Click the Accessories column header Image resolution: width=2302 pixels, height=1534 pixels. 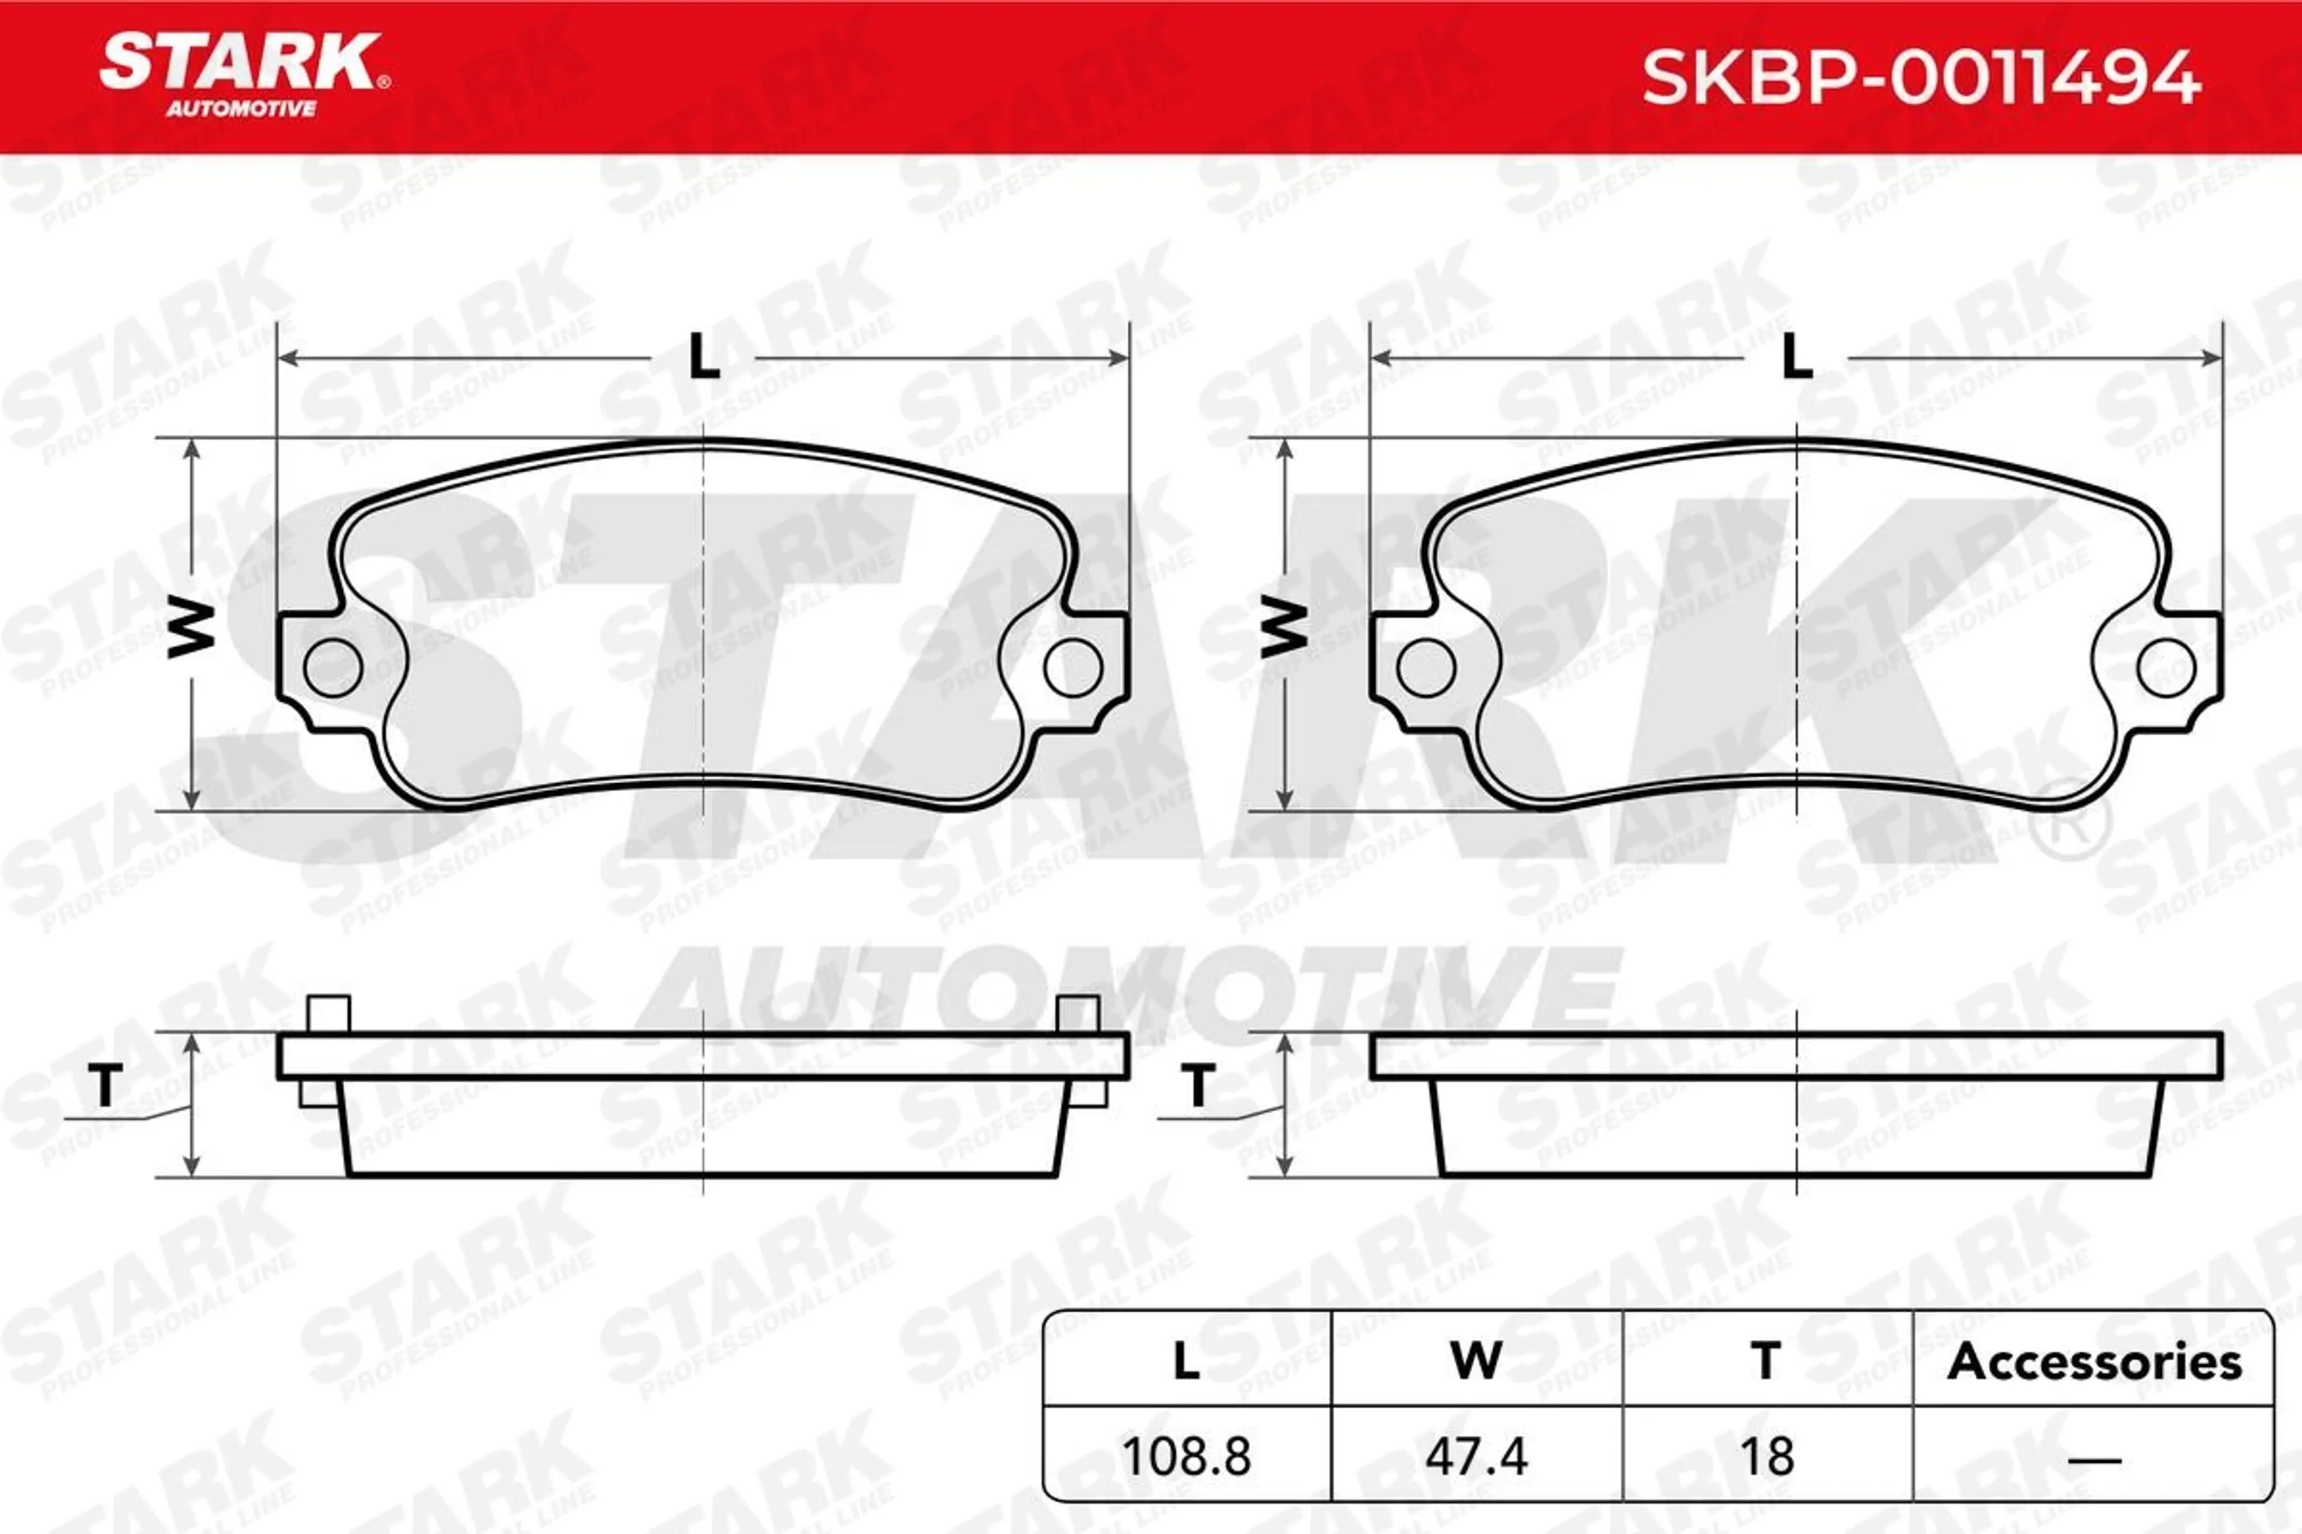(2095, 1362)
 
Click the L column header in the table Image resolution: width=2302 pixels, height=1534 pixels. (1186, 1362)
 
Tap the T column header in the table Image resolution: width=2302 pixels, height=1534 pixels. (1767, 1362)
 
